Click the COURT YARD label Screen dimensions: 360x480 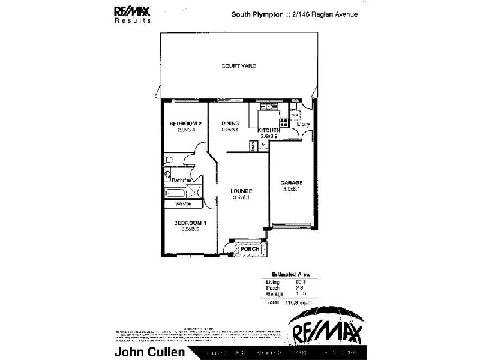coord(239,66)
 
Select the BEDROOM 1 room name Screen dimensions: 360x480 coord(186,223)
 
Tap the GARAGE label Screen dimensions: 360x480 coord(292,182)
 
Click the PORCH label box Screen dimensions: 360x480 coord(249,248)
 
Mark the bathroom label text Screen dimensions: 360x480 coord(181,180)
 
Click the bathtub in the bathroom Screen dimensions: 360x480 coord(176,193)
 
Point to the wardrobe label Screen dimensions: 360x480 coord(182,204)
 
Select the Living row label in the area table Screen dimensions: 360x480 coord(273,281)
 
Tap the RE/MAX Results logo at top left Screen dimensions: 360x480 coord(132,13)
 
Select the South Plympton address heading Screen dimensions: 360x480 coord(295,16)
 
